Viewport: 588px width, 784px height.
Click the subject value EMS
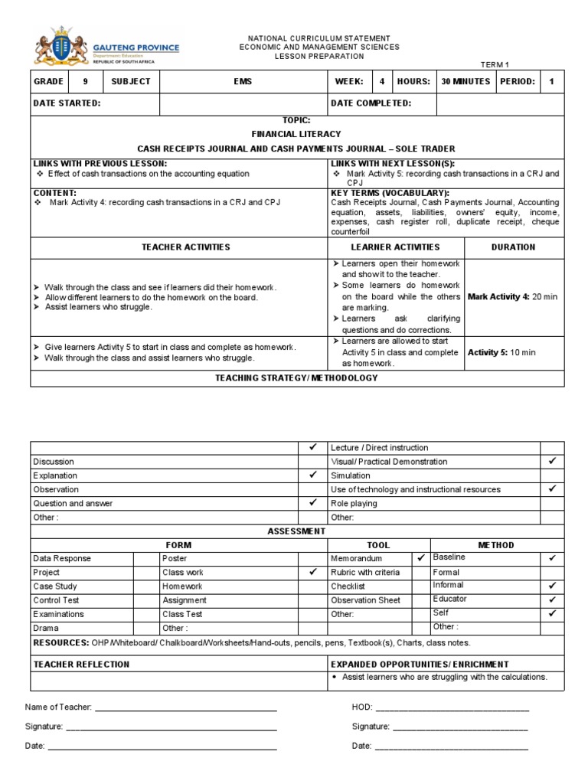(x=243, y=81)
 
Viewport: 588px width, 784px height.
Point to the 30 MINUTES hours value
(x=465, y=81)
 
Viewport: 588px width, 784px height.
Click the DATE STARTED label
(x=67, y=103)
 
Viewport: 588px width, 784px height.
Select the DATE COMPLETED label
(x=371, y=103)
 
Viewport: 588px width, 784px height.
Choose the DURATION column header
(x=513, y=247)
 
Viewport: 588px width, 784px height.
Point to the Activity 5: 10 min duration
(x=501, y=352)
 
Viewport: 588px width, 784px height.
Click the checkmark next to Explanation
(x=312, y=475)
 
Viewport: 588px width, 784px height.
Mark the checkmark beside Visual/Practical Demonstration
(x=552, y=461)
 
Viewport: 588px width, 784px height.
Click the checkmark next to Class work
(x=312, y=572)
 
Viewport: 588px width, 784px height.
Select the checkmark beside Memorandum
(x=421, y=558)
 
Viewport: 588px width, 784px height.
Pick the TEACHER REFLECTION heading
(x=81, y=665)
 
